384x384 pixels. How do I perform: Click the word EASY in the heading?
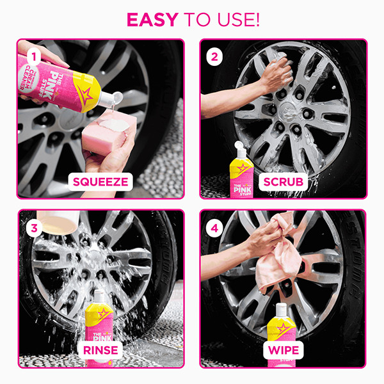click(152, 19)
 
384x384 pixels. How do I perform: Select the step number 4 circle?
click(215, 227)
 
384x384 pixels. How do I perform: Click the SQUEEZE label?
click(100, 181)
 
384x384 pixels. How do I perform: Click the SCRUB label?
click(283, 181)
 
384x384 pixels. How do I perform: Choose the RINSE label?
click(100, 350)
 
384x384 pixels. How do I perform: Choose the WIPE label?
click(283, 350)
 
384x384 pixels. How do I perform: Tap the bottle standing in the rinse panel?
click(99, 317)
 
